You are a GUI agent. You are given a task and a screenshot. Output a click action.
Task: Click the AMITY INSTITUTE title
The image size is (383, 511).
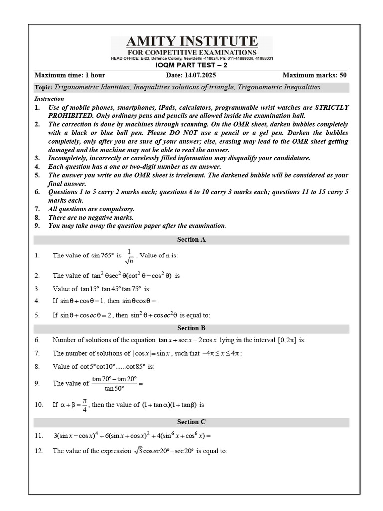[x=191, y=41]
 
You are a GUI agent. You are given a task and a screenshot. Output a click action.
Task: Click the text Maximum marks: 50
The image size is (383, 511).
[x=314, y=75]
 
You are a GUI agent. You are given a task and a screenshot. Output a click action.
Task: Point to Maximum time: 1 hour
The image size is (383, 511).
[x=69, y=75]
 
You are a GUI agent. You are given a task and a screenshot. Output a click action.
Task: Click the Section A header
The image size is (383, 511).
[x=191, y=240]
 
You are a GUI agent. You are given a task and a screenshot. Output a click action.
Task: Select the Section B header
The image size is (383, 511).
[x=191, y=328]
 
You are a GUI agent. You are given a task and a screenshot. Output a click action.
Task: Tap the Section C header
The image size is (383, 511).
[x=191, y=422]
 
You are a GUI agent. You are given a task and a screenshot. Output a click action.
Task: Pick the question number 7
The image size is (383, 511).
[x=37, y=353]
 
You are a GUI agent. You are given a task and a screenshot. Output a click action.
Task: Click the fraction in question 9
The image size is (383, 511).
[x=114, y=384]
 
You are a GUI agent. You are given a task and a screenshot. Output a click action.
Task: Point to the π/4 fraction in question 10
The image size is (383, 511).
[x=85, y=405]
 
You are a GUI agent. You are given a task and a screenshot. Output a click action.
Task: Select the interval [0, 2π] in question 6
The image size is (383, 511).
[x=287, y=340]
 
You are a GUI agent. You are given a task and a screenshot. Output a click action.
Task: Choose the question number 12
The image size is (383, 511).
[x=39, y=451]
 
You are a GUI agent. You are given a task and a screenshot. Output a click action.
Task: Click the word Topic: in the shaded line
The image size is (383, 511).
[x=43, y=87]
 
